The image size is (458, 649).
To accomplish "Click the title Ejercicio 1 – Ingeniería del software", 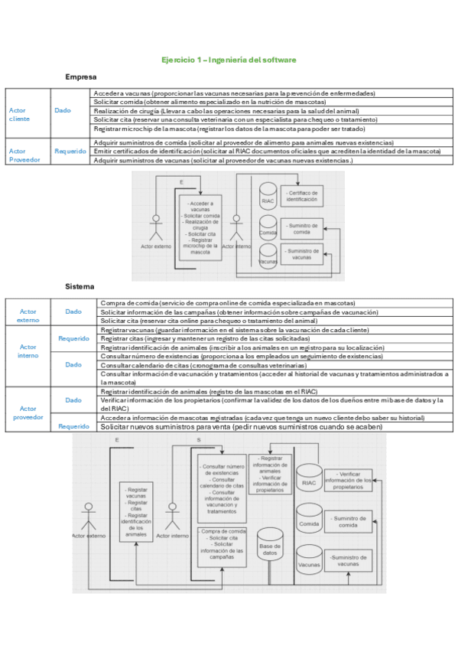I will coord(229,60).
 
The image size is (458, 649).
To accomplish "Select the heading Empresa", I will coord(80,77).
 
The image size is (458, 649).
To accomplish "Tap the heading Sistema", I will coord(80,286).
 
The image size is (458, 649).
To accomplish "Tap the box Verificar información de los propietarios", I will coord(348,481).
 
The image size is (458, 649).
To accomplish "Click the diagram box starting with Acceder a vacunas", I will coord(200,227).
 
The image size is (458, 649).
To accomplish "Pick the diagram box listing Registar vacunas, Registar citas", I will coord(137,510).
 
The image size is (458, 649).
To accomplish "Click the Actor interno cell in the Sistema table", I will coord(28,351).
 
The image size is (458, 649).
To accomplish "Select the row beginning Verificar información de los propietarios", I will coord(271,404).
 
